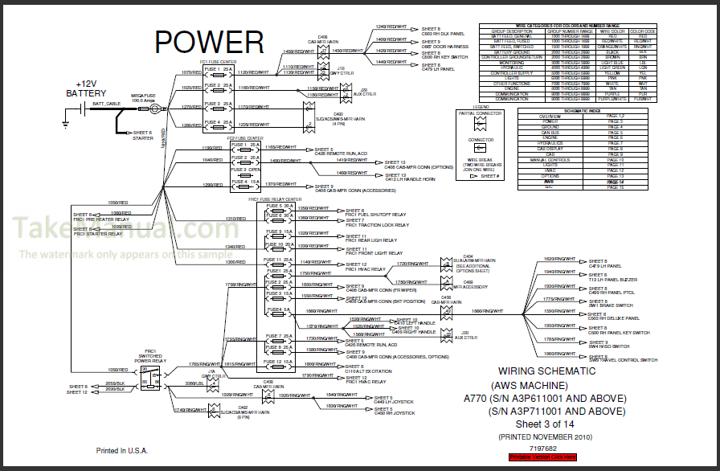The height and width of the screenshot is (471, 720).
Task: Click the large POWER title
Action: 209,42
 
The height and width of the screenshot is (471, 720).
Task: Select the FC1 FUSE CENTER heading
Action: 218,60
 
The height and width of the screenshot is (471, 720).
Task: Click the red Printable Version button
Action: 542,457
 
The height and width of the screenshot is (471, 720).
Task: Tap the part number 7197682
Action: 543,446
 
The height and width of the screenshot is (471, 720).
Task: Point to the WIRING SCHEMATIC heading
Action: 547,371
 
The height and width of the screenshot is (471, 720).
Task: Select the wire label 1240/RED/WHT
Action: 391,27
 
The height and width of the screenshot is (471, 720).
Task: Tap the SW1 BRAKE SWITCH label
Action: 612,305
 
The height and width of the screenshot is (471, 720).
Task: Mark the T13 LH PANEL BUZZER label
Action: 616,280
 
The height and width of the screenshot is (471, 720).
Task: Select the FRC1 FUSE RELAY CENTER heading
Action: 274,199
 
